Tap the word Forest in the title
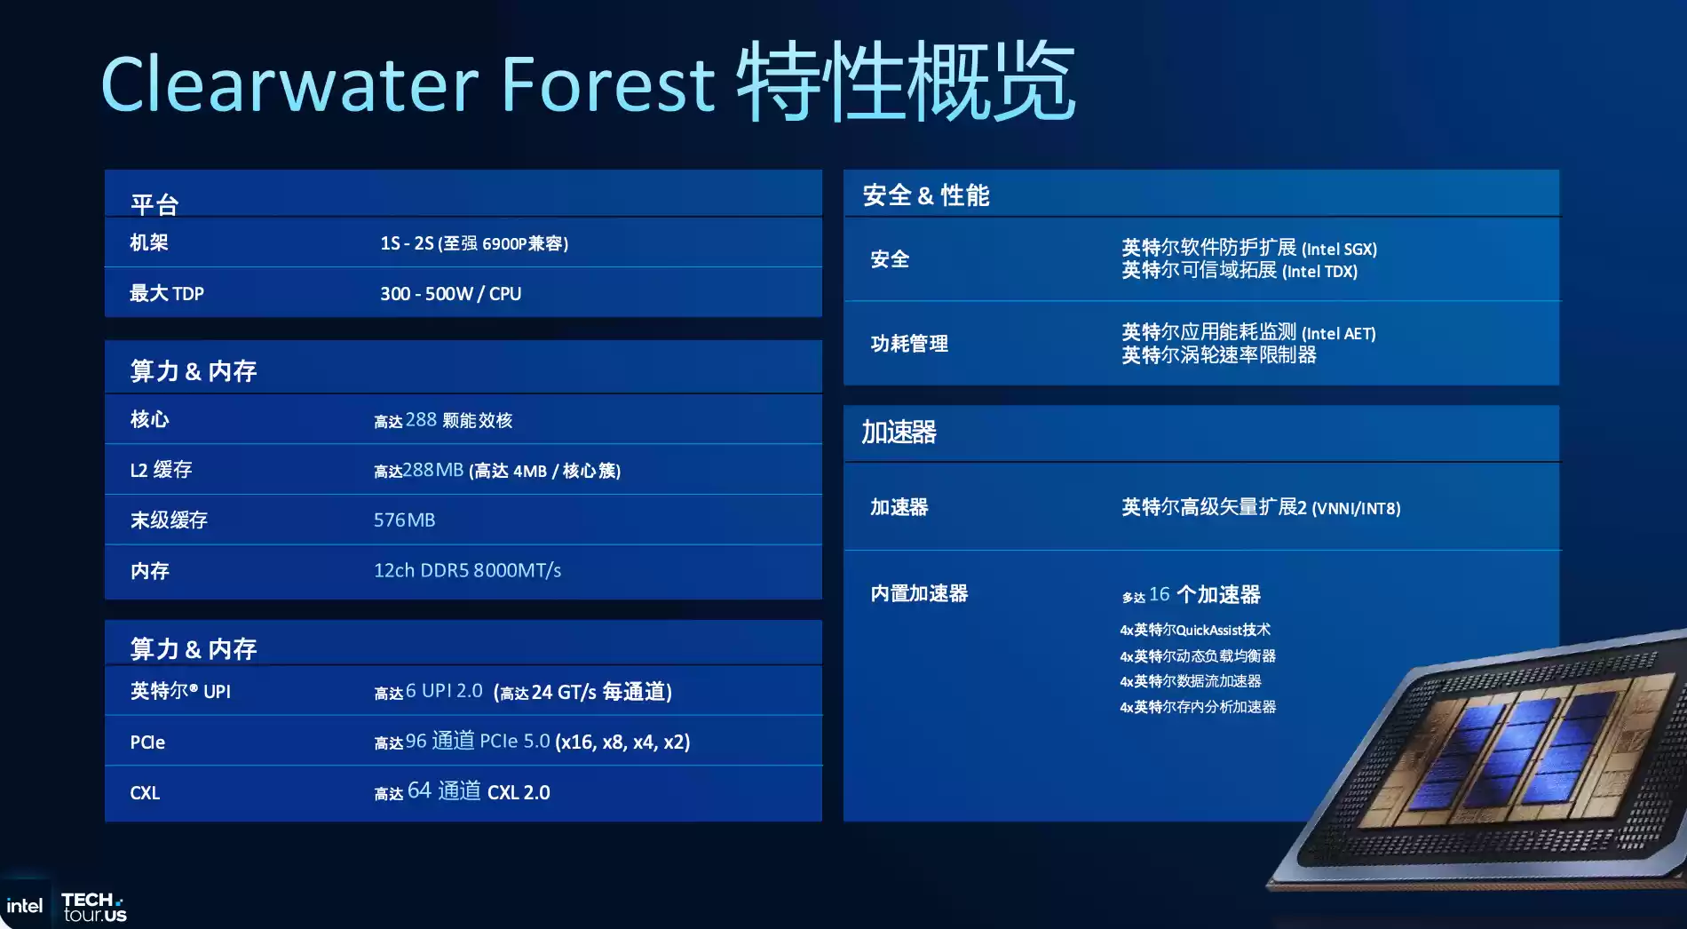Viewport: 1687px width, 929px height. click(x=607, y=84)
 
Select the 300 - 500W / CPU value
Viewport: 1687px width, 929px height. click(x=450, y=294)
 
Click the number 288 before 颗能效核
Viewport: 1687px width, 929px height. click(x=421, y=419)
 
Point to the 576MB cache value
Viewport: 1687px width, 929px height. click(x=404, y=520)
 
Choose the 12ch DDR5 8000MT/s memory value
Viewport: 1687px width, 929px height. click(x=467, y=570)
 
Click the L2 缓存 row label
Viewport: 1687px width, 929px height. click(x=161, y=470)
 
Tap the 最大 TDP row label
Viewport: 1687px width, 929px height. click(x=167, y=294)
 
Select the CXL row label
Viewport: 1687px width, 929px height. click(x=145, y=793)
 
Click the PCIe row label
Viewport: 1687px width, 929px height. click(x=147, y=742)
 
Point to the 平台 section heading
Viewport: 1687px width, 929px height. click(x=154, y=204)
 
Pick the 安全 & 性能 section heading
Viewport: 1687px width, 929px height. click(x=925, y=195)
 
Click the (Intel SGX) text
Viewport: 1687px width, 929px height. click(x=1339, y=250)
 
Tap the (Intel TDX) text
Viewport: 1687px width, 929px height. click(x=1319, y=272)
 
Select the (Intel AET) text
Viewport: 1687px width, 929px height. click(x=1338, y=334)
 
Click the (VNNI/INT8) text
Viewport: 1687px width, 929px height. click(x=1356, y=509)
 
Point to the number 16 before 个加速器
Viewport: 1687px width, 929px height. click(x=1159, y=594)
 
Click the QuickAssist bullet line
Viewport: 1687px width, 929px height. click(x=1195, y=630)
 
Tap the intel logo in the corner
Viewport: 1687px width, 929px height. click(x=24, y=906)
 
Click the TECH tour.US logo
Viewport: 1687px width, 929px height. click(x=94, y=907)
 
